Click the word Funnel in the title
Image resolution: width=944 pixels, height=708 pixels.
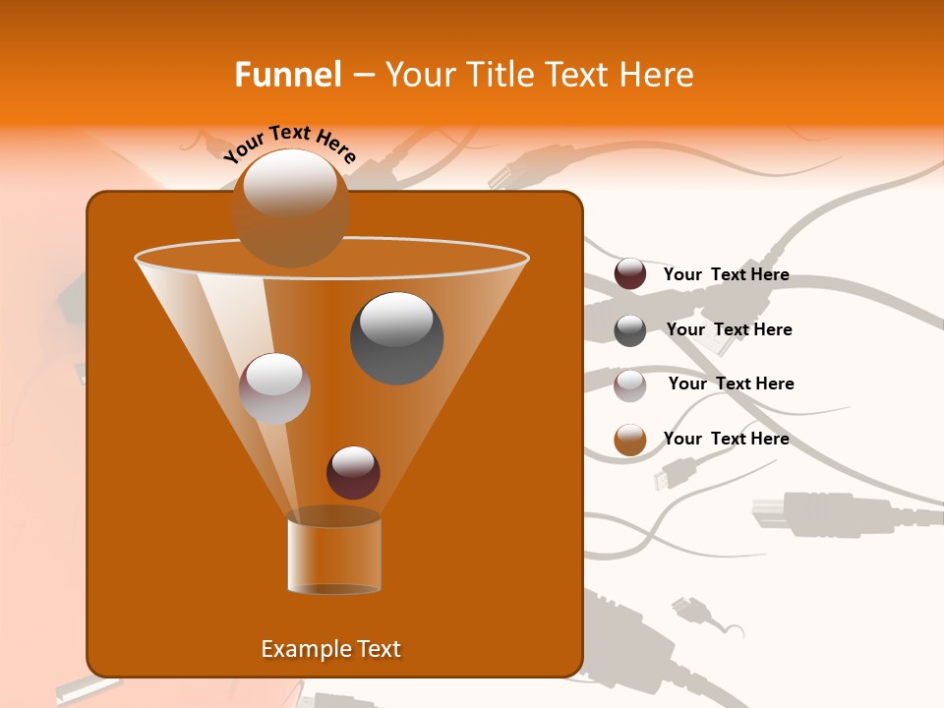[288, 75]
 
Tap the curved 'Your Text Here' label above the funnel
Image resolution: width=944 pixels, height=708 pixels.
[290, 144]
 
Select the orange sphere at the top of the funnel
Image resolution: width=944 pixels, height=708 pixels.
[290, 207]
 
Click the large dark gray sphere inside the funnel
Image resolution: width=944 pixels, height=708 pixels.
[396, 338]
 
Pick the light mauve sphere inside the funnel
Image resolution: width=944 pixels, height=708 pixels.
[274, 388]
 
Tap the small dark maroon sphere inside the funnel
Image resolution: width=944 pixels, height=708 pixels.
[353, 472]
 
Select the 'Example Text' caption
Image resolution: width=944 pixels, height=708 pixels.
[330, 649]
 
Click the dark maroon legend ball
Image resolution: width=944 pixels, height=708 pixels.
[630, 274]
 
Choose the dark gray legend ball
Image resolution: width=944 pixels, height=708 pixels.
[630, 329]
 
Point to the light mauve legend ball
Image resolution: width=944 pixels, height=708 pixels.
[630, 384]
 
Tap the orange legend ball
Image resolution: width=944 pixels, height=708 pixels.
[630, 440]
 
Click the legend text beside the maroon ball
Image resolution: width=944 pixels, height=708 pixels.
[726, 275]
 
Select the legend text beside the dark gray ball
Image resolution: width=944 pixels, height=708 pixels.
[729, 330]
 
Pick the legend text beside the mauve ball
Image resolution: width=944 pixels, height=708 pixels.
[731, 383]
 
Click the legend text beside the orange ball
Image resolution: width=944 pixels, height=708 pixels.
[726, 439]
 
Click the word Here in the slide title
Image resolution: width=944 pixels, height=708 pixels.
[658, 75]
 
